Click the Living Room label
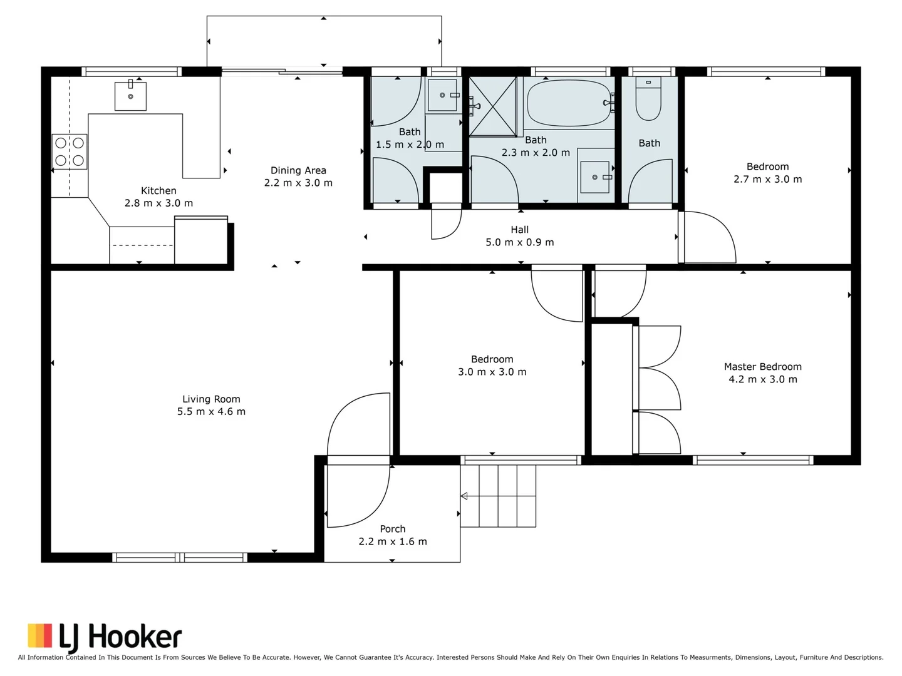[211, 399]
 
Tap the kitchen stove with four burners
[70, 151]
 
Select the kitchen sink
[130, 96]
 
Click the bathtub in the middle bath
[569, 103]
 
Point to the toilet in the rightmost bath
[648, 99]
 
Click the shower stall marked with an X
[493, 106]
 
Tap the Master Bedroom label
[762, 367]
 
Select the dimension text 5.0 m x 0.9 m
[519, 242]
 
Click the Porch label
[393, 529]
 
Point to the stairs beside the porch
[499, 496]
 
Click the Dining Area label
[298, 170]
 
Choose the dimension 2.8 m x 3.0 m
[158, 203]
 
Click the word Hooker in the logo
[135, 637]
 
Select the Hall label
[519, 230]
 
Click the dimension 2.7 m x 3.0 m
[767, 179]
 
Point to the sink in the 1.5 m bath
[442, 96]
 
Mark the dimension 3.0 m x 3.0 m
[492, 372]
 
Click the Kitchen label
[158, 190]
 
